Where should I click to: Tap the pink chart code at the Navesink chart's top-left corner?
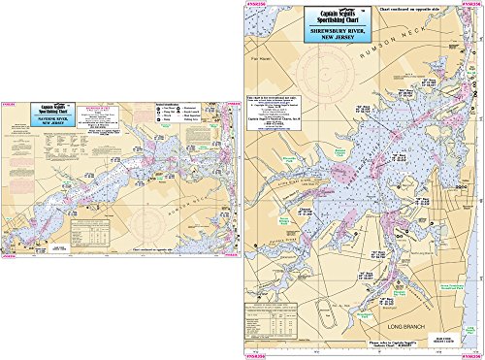click(9, 101)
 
